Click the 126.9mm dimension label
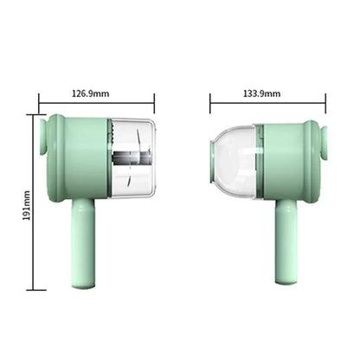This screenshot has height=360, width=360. tap(91, 93)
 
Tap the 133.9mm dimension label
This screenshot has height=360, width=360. tap(262, 93)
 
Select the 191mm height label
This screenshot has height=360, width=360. tap(27, 205)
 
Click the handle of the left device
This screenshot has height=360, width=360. tap(83, 244)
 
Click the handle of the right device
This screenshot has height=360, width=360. tap(286, 241)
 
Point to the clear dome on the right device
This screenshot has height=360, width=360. tap(234, 162)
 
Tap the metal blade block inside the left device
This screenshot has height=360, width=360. tap(132, 157)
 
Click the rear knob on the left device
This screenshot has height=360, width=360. tap(42, 138)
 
